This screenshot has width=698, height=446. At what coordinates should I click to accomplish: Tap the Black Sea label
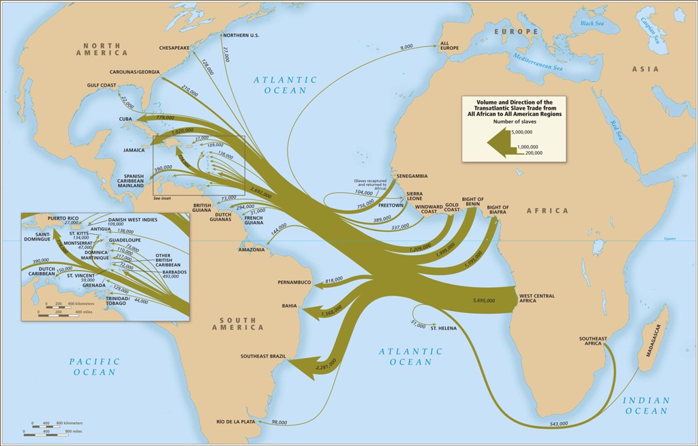pyautogui.click(x=592, y=23)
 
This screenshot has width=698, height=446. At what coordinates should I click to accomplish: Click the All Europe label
pyautogui.click(x=449, y=44)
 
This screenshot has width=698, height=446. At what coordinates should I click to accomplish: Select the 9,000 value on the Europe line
pyautogui.click(x=406, y=46)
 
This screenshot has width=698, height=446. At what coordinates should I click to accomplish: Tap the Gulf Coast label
pyautogui.click(x=103, y=85)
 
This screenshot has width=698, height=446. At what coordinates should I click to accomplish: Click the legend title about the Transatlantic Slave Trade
pyautogui.click(x=514, y=108)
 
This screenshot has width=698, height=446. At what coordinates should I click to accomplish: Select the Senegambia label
pyautogui.click(x=416, y=175)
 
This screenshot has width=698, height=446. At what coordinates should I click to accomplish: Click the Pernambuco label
pyautogui.click(x=294, y=282)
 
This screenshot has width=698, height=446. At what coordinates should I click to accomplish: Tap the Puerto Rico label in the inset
pyautogui.click(x=63, y=218)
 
